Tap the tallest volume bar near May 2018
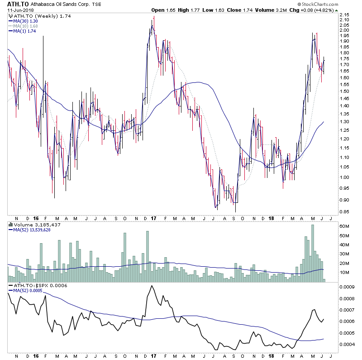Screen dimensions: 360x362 click(x=313, y=254)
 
